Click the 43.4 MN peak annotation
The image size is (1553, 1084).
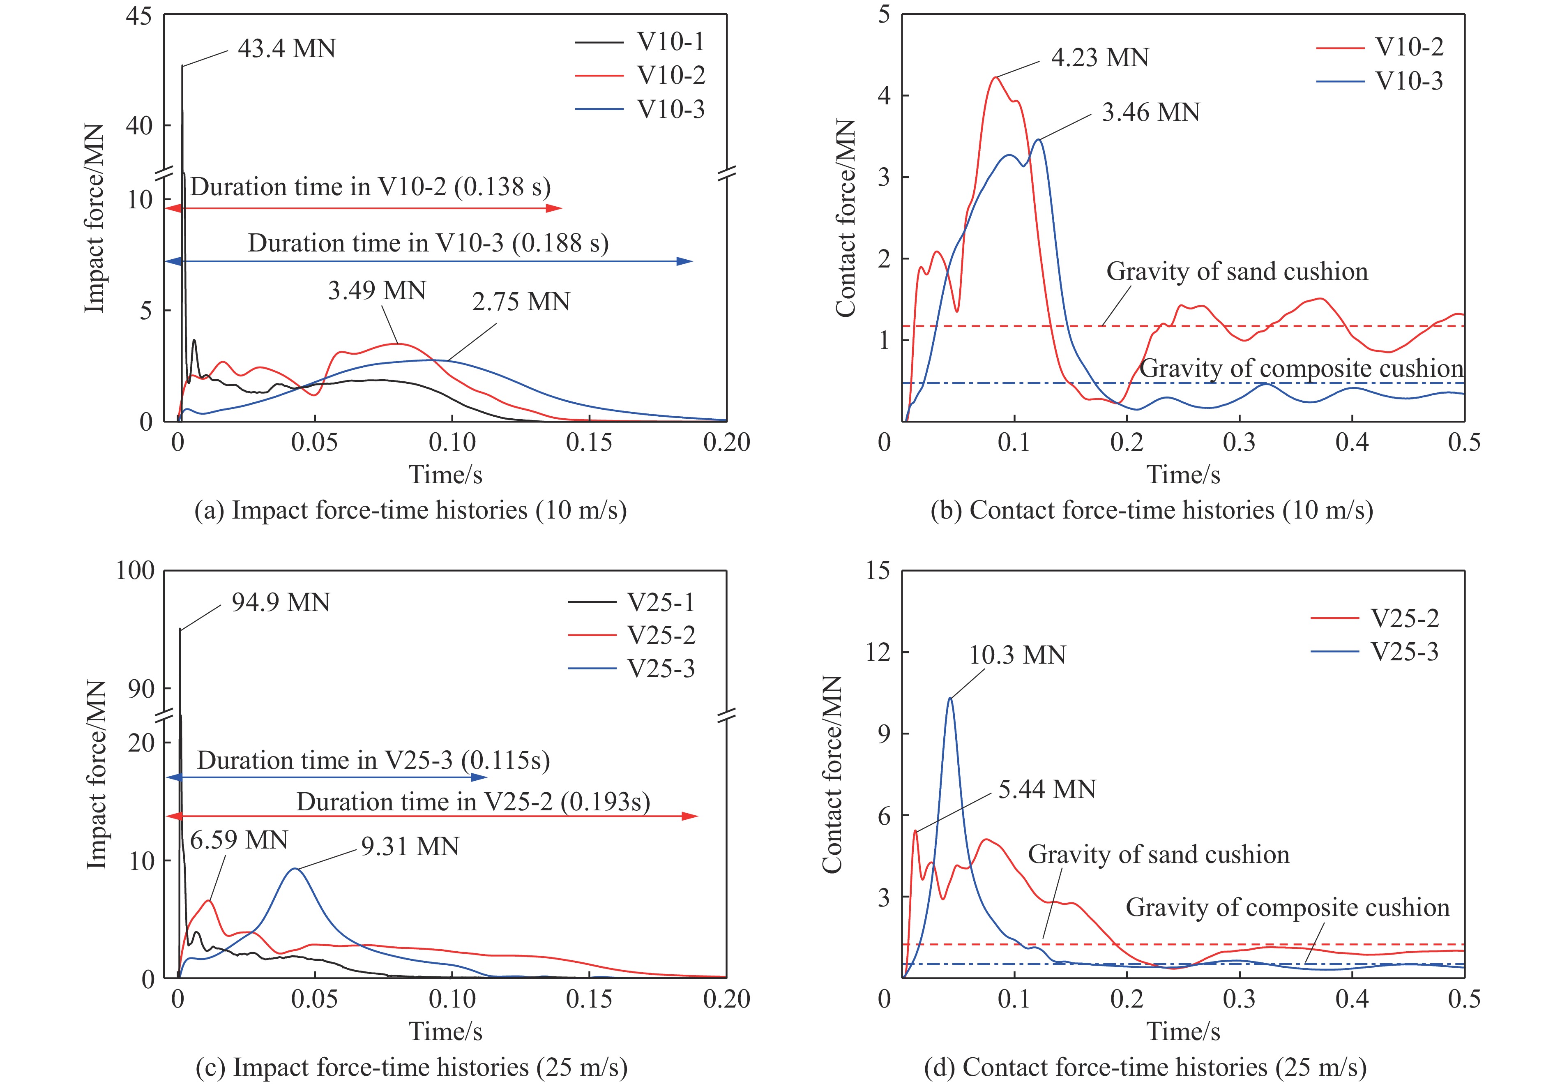pos(286,49)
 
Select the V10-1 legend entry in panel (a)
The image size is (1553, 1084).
pos(670,42)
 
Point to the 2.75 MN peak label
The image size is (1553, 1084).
pos(521,302)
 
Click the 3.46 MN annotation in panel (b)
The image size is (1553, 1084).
pos(1150,112)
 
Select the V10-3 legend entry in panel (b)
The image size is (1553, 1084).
pos(1409,81)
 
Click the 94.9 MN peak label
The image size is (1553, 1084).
pos(280,602)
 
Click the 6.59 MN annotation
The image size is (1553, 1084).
pos(239,840)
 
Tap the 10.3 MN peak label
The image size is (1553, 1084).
pos(1017,655)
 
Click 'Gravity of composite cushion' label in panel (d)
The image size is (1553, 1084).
pos(1287,907)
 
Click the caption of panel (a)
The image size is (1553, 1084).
pos(410,510)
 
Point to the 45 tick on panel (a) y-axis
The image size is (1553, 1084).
pos(139,16)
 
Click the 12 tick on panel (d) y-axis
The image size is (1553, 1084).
pos(878,652)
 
